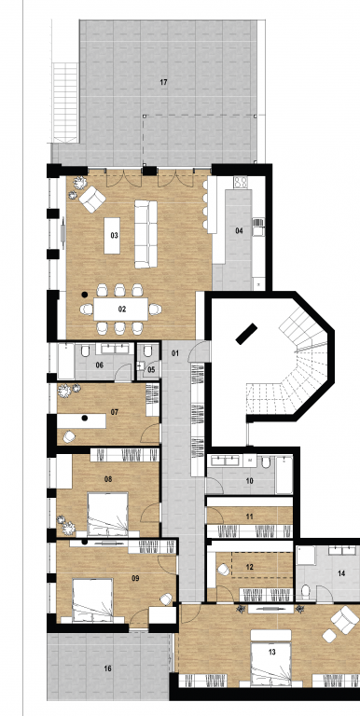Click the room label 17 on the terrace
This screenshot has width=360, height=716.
[x=163, y=82]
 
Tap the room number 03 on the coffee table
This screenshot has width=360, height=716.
[x=114, y=236]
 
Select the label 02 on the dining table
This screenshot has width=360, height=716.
[x=122, y=310]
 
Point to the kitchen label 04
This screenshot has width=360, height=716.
[x=239, y=231]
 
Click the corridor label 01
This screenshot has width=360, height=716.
[x=175, y=353]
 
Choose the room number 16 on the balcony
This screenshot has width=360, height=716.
[x=107, y=669]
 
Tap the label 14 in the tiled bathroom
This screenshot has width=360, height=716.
[x=341, y=573]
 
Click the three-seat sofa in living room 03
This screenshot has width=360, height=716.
[x=145, y=234]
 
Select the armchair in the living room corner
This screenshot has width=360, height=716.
[x=92, y=200]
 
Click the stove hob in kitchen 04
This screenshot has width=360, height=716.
[x=241, y=182]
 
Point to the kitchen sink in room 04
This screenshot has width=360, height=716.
[x=258, y=227]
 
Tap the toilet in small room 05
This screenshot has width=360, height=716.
[x=147, y=351]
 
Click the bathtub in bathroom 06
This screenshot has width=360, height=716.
[x=66, y=361]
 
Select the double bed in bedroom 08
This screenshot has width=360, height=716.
[x=108, y=514]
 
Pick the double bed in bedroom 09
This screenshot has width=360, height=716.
[x=92, y=600]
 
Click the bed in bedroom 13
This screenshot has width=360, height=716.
[x=270, y=658]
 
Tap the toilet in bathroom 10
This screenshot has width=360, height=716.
[x=267, y=462]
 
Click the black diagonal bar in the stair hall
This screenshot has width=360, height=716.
[x=246, y=334]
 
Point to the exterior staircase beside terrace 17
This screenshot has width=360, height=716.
[x=65, y=103]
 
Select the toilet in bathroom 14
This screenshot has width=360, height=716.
[x=306, y=591]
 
